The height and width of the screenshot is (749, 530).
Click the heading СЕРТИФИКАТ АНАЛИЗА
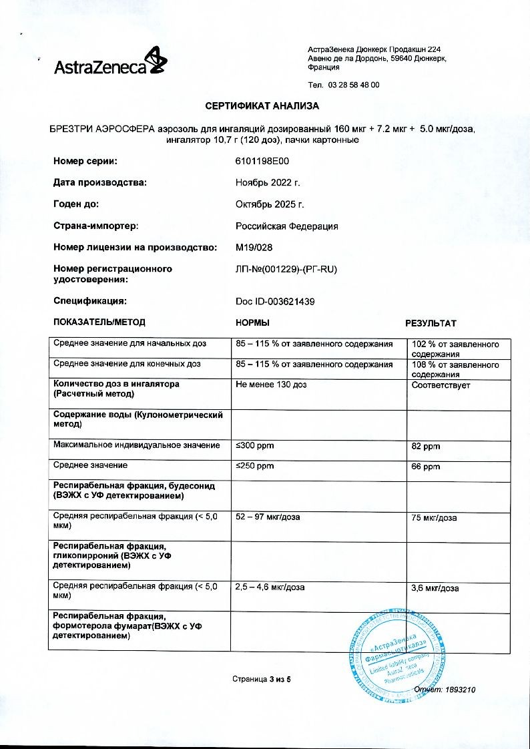click(262, 106)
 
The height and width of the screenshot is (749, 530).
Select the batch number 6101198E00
click(262, 162)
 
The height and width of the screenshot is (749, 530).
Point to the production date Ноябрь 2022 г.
click(268, 183)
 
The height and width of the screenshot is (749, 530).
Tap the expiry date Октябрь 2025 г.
click(270, 204)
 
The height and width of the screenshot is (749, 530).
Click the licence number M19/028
click(254, 248)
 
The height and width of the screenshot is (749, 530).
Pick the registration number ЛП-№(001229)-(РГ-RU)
click(283, 269)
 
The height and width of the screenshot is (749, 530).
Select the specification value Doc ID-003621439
click(275, 302)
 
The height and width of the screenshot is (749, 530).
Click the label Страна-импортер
click(96, 226)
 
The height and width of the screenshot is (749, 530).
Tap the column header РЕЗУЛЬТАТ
click(431, 324)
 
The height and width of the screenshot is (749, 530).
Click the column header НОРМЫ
click(253, 323)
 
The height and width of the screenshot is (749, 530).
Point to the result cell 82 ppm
click(426, 447)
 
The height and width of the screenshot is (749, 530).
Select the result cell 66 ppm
click(426, 467)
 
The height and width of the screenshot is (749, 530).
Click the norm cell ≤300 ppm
click(255, 445)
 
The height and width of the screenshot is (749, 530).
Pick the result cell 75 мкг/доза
click(434, 518)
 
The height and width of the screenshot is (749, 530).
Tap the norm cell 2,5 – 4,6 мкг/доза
click(270, 587)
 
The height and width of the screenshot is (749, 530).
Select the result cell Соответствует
click(441, 385)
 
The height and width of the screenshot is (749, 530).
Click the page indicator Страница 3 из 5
click(262, 680)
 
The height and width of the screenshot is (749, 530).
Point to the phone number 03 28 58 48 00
click(353, 85)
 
